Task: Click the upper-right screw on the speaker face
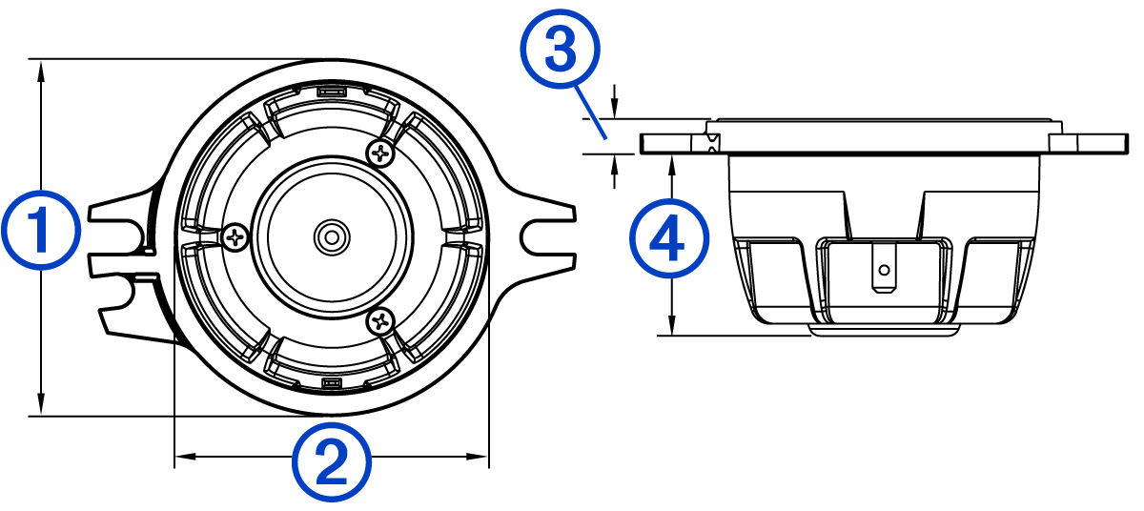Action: coord(381,151)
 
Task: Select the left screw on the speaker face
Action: coord(235,235)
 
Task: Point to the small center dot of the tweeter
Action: coord(331,235)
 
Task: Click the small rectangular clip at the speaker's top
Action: coord(331,92)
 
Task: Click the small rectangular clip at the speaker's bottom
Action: coord(331,383)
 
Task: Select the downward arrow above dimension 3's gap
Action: coord(615,107)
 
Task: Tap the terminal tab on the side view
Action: coord(885,269)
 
